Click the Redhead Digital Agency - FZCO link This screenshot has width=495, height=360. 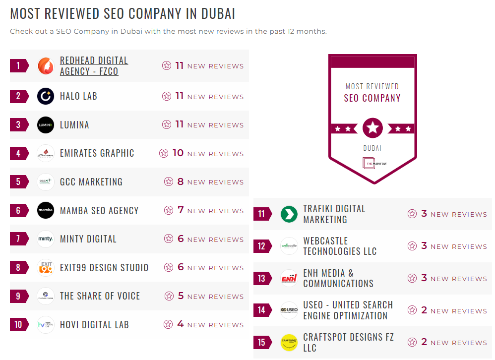[94, 66]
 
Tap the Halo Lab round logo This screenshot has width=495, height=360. [46, 96]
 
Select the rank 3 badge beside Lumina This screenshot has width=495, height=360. [19, 124]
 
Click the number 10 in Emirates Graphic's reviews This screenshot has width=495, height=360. [178, 153]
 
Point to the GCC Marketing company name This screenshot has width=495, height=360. [91, 182]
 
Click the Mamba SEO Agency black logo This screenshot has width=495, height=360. [46, 210]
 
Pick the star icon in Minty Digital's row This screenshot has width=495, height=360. [169, 239]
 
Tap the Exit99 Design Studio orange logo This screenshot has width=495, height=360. [46, 268]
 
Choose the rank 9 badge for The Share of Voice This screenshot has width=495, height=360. [19, 296]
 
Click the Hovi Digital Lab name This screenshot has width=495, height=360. [94, 325]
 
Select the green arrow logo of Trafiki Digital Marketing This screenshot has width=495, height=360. [289, 214]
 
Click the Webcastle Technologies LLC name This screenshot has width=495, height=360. [340, 246]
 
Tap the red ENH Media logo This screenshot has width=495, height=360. [289, 278]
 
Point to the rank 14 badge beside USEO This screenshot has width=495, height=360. [262, 310]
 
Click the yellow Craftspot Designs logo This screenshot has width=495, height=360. [289, 342]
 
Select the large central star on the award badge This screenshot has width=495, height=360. [372, 128]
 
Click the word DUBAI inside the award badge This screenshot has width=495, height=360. [372, 148]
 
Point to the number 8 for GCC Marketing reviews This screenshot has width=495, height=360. [181, 182]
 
